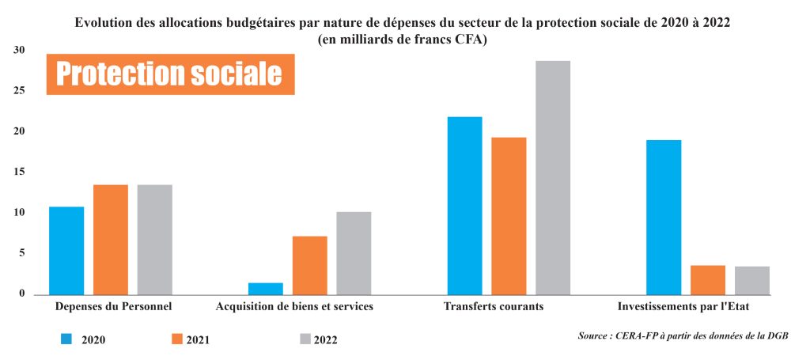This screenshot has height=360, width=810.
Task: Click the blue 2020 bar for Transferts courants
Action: tap(464, 206)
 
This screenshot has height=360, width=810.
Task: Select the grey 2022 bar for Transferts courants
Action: tap(552, 177)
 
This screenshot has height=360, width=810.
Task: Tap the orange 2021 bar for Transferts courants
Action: tap(509, 216)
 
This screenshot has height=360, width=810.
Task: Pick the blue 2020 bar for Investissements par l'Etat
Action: tap(664, 217)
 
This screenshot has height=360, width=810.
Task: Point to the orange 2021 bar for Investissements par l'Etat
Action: tap(708, 280)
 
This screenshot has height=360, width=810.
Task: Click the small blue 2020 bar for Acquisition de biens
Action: tap(266, 289)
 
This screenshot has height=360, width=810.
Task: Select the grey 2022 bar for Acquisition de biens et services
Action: tap(354, 253)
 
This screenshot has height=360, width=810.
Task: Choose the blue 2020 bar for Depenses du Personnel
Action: tap(66, 250)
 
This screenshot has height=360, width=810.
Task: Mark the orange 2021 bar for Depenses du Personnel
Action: tap(111, 239)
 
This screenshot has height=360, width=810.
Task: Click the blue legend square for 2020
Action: tap(67, 339)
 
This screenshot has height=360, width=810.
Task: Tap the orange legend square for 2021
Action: tap(177, 339)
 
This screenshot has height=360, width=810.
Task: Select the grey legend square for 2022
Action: tap(305, 339)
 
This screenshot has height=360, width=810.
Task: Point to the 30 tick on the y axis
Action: tap(20, 51)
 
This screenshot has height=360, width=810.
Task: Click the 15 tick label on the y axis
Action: tap(20, 172)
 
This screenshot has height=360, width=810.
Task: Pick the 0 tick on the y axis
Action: tap(22, 294)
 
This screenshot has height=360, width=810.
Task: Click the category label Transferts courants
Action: tap(494, 307)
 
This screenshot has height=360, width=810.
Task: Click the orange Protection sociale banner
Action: tap(170, 74)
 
